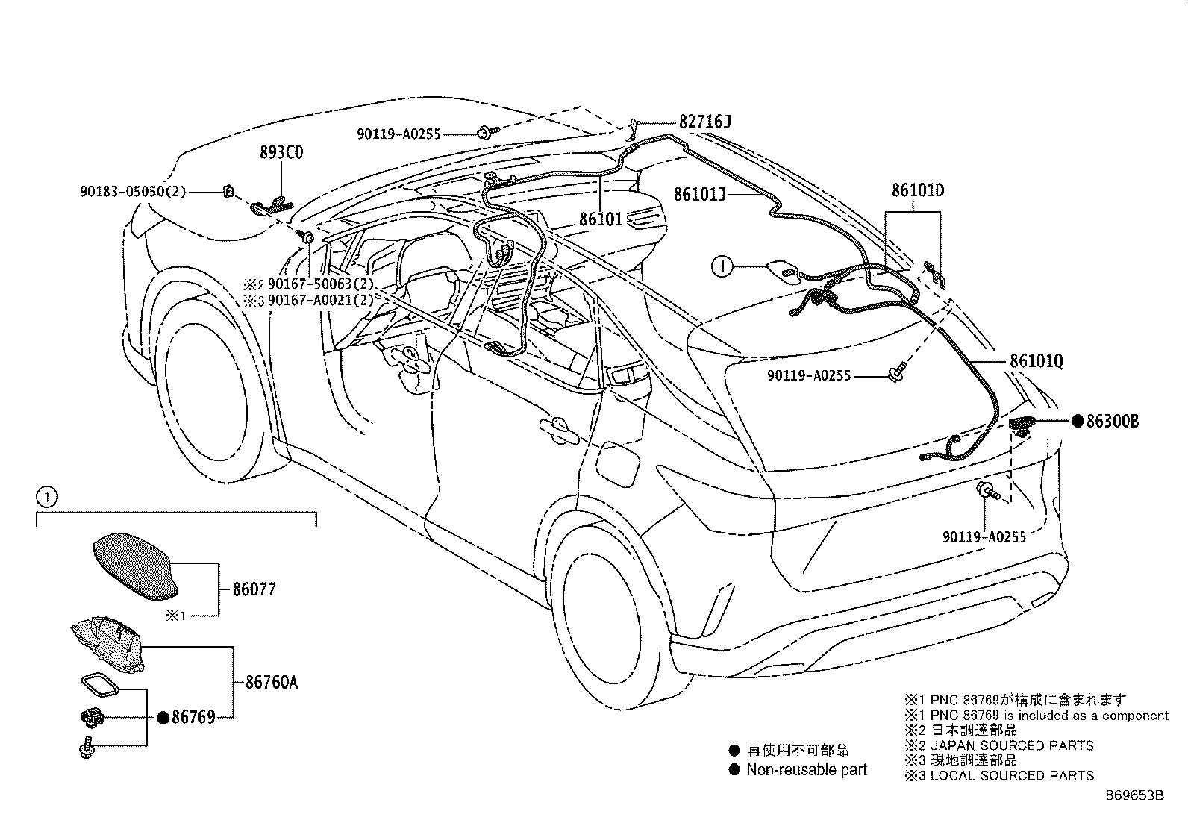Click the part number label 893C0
pos(281,153)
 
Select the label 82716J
pos(704,122)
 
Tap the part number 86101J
pos(699,194)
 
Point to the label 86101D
pos(916,190)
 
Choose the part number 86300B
pos(1112,422)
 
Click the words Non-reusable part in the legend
pos(807,770)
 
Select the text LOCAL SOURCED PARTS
pos(1012,776)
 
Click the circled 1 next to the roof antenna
pos(722,266)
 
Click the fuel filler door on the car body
pos(619,465)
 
